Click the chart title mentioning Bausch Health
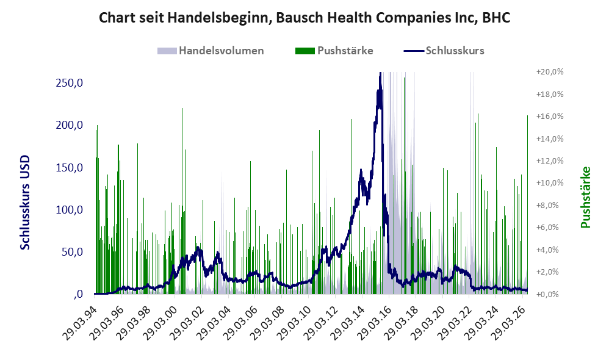pyautogui.click(x=304, y=18)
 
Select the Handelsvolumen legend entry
pyautogui.click(x=211, y=51)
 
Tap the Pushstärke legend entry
pyautogui.click(x=334, y=51)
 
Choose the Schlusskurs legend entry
pyautogui.click(x=444, y=51)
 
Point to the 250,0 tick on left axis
pyautogui.click(x=70, y=83)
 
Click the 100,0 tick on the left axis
pyautogui.click(x=70, y=210)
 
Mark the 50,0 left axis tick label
pyautogui.click(x=72, y=252)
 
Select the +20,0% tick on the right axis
pyautogui.click(x=550, y=72)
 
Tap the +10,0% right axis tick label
pyautogui.click(x=550, y=183)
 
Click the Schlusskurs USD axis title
pyautogui.click(x=25, y=203)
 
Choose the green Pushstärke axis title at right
pyautogui.click(x=585, y=197)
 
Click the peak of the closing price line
pyautogui.click(x=380, y=73)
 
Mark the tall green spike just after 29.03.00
pyautogui.click(x=182, y=201)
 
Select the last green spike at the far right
pyautogui.click(x=527, y=204)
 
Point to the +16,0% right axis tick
pyautogui.click(x=550, y=117)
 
